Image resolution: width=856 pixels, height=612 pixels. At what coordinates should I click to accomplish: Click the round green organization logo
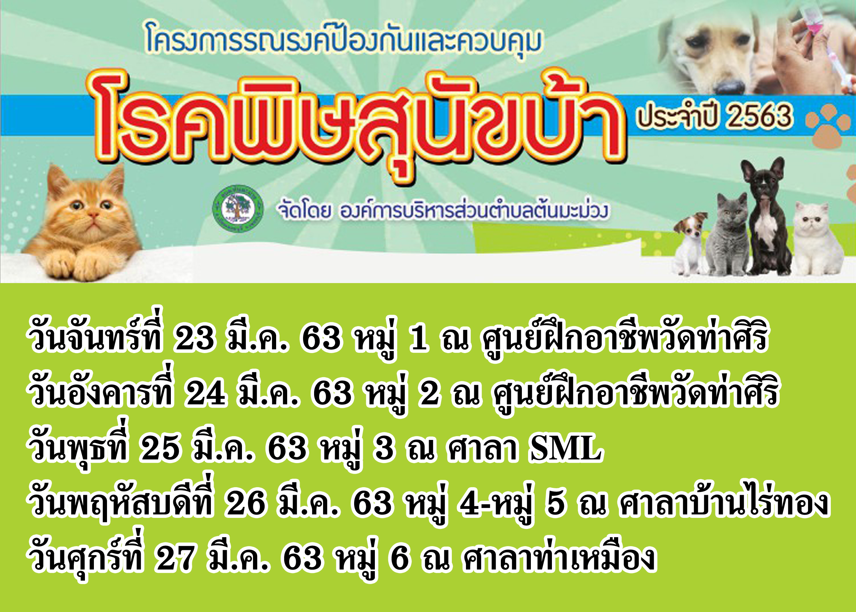point(238,208)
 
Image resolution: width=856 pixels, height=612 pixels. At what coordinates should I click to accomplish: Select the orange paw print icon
point(828,126)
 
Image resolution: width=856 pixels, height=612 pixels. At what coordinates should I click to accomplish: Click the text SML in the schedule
point(565,449)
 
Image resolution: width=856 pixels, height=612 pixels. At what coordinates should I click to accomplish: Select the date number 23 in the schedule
point(193,338)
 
